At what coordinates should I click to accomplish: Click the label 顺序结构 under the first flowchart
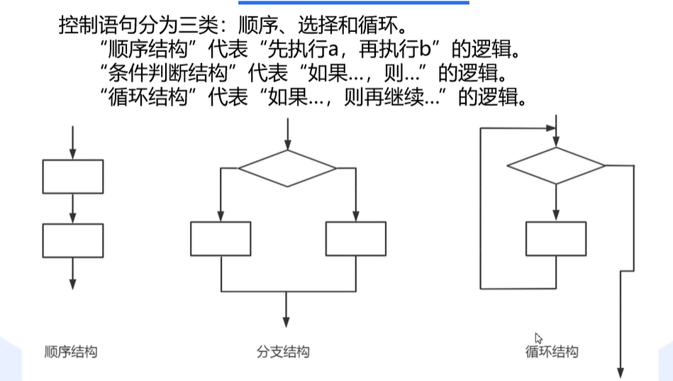point(70,351)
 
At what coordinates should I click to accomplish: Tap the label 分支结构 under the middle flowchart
point(283,351)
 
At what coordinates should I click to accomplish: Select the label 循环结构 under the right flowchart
point(552,351)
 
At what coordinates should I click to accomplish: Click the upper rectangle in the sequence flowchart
point(73,177)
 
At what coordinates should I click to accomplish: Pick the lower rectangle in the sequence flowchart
point(73,241)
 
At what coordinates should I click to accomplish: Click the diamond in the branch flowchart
point(287,169)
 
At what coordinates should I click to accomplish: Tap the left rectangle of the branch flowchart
point(221,238)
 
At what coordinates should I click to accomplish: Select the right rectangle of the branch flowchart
point(355,238)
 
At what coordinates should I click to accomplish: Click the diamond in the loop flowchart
point(556,166)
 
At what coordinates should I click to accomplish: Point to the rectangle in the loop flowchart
point(556,238)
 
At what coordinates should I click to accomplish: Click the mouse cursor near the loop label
point(538,338)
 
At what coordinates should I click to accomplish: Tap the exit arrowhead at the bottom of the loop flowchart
point(621,372)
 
